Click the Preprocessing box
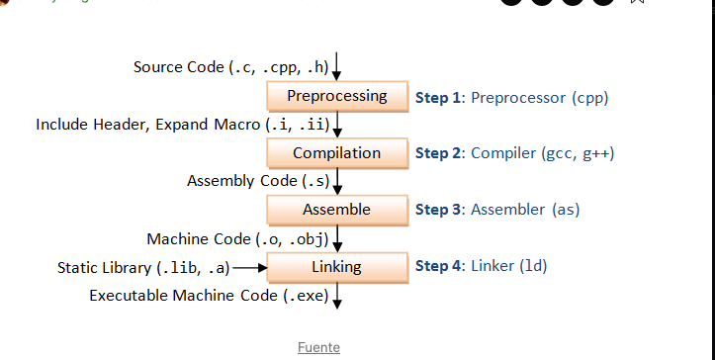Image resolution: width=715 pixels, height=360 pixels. click(337, 96)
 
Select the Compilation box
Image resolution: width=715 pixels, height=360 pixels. click(337, 153)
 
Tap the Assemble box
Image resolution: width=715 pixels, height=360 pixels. click(337, 210)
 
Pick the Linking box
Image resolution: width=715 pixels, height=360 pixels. click(337, 267)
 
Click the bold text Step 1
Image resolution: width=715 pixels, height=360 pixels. click(438, 97)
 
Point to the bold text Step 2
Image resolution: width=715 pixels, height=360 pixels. click(438, 153)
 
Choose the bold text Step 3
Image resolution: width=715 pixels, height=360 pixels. click(438, 210)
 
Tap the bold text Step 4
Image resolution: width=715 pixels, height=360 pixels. click(438, 266)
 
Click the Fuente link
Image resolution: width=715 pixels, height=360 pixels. click(318, 347)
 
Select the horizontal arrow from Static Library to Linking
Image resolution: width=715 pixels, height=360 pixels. click(250, 267)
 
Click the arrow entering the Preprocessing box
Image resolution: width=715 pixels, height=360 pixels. click(338, 67)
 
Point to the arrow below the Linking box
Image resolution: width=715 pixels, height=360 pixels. click(338, 295)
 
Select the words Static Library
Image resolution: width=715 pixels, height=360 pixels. click(105, 267)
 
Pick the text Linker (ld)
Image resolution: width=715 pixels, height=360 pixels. click(508, 266)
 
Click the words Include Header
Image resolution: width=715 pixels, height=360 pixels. click(87, 125)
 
